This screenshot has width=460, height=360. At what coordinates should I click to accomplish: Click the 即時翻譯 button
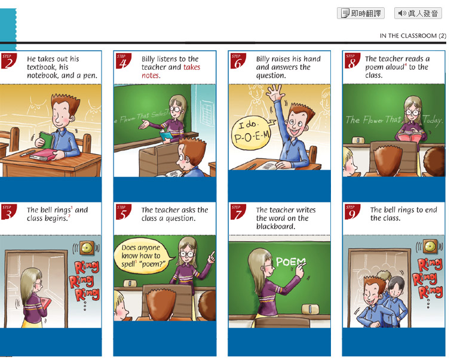[x=361, y=13]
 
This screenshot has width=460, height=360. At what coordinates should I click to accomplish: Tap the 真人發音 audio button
[x=418, y=13]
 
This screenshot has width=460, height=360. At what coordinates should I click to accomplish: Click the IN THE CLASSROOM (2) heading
[x=413, y=36]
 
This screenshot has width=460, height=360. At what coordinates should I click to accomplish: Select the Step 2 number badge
[x=8, y=61]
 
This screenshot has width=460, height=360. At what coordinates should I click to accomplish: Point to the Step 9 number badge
[x=352, y=212]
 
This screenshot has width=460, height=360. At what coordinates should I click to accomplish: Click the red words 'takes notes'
[x=171, y=71]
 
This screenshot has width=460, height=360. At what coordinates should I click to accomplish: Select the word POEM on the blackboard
[x=291, y=261]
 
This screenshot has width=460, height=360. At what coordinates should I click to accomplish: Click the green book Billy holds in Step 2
[x=47, y=140]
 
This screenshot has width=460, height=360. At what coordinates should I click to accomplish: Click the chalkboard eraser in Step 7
[x=310, y=309]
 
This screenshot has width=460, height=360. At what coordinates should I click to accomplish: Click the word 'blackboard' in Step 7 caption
[x=275, y=226]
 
